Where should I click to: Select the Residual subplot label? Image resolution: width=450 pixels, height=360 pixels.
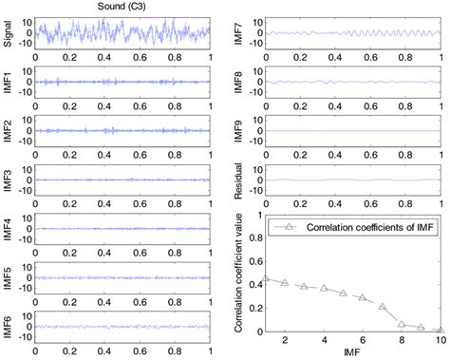pyautogui.click(x=239, y=176)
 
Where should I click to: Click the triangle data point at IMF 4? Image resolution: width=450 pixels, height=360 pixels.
pyautogui.click(x=324, y=288)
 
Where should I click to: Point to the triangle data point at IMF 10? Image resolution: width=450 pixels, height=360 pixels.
pyautogui.click(x=441, y=331)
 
